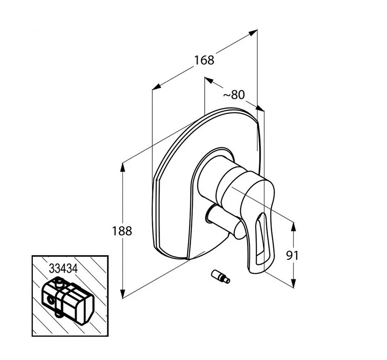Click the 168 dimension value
(204, 60)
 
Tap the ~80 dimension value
(234, 95)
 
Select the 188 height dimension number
(122, 231)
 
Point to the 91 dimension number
(293, 256)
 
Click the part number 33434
(64, 269)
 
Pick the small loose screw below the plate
(221, 277)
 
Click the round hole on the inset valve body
(51, 301)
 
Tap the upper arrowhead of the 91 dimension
(293, 227)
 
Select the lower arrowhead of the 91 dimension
(293, 283)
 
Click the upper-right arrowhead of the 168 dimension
(253, 32)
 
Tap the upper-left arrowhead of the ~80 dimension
(209, 81)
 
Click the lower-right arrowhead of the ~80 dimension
(260, 108)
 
